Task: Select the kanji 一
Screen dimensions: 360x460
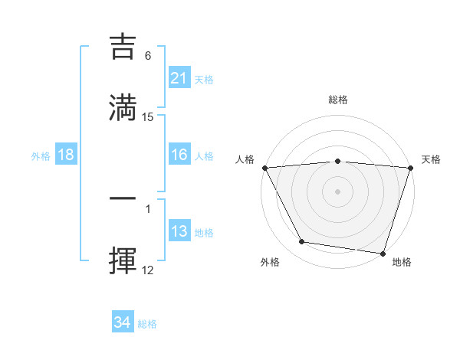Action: tap(124, 198)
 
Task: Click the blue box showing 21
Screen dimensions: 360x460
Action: tap(179, 78)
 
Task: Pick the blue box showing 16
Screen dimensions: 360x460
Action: tap(179, 155)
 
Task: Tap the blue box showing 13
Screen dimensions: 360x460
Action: tap(179, 231)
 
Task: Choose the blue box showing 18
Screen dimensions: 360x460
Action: tap(66, 155)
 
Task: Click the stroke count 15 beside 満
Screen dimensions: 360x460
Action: tap(148, 117)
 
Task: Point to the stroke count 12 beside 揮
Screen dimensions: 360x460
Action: tap(148, 270)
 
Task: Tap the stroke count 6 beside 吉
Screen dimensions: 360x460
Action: tap(148, 56)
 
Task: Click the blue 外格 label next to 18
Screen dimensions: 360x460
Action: tap(41, 155)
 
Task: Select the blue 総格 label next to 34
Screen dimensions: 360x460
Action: tap(147, 324)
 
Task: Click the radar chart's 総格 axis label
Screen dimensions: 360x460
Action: tap(338, 100)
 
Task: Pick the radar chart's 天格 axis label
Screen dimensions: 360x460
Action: tap(432, 159)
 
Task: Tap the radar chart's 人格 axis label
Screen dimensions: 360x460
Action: tap(245, 159)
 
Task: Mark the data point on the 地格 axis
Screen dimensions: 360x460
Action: tap(383, 253)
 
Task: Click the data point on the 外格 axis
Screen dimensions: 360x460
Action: tap(302, 242)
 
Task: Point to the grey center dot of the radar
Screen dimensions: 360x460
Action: tap(338, 191)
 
